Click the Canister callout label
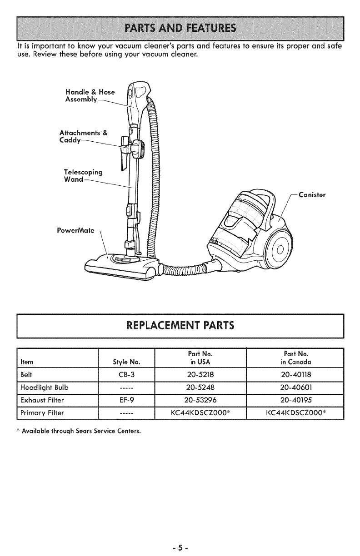pos(313,195)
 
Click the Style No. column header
pos(126,361)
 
